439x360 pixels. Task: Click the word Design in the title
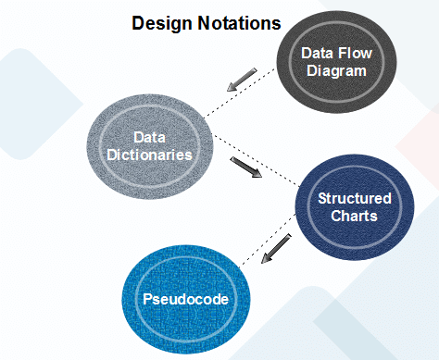160,22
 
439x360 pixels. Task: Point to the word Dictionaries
148,155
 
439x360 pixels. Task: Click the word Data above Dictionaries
148,137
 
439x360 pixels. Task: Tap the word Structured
354,198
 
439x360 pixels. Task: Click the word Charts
354,217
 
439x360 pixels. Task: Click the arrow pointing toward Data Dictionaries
244,81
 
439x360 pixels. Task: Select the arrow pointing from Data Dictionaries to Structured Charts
246,169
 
